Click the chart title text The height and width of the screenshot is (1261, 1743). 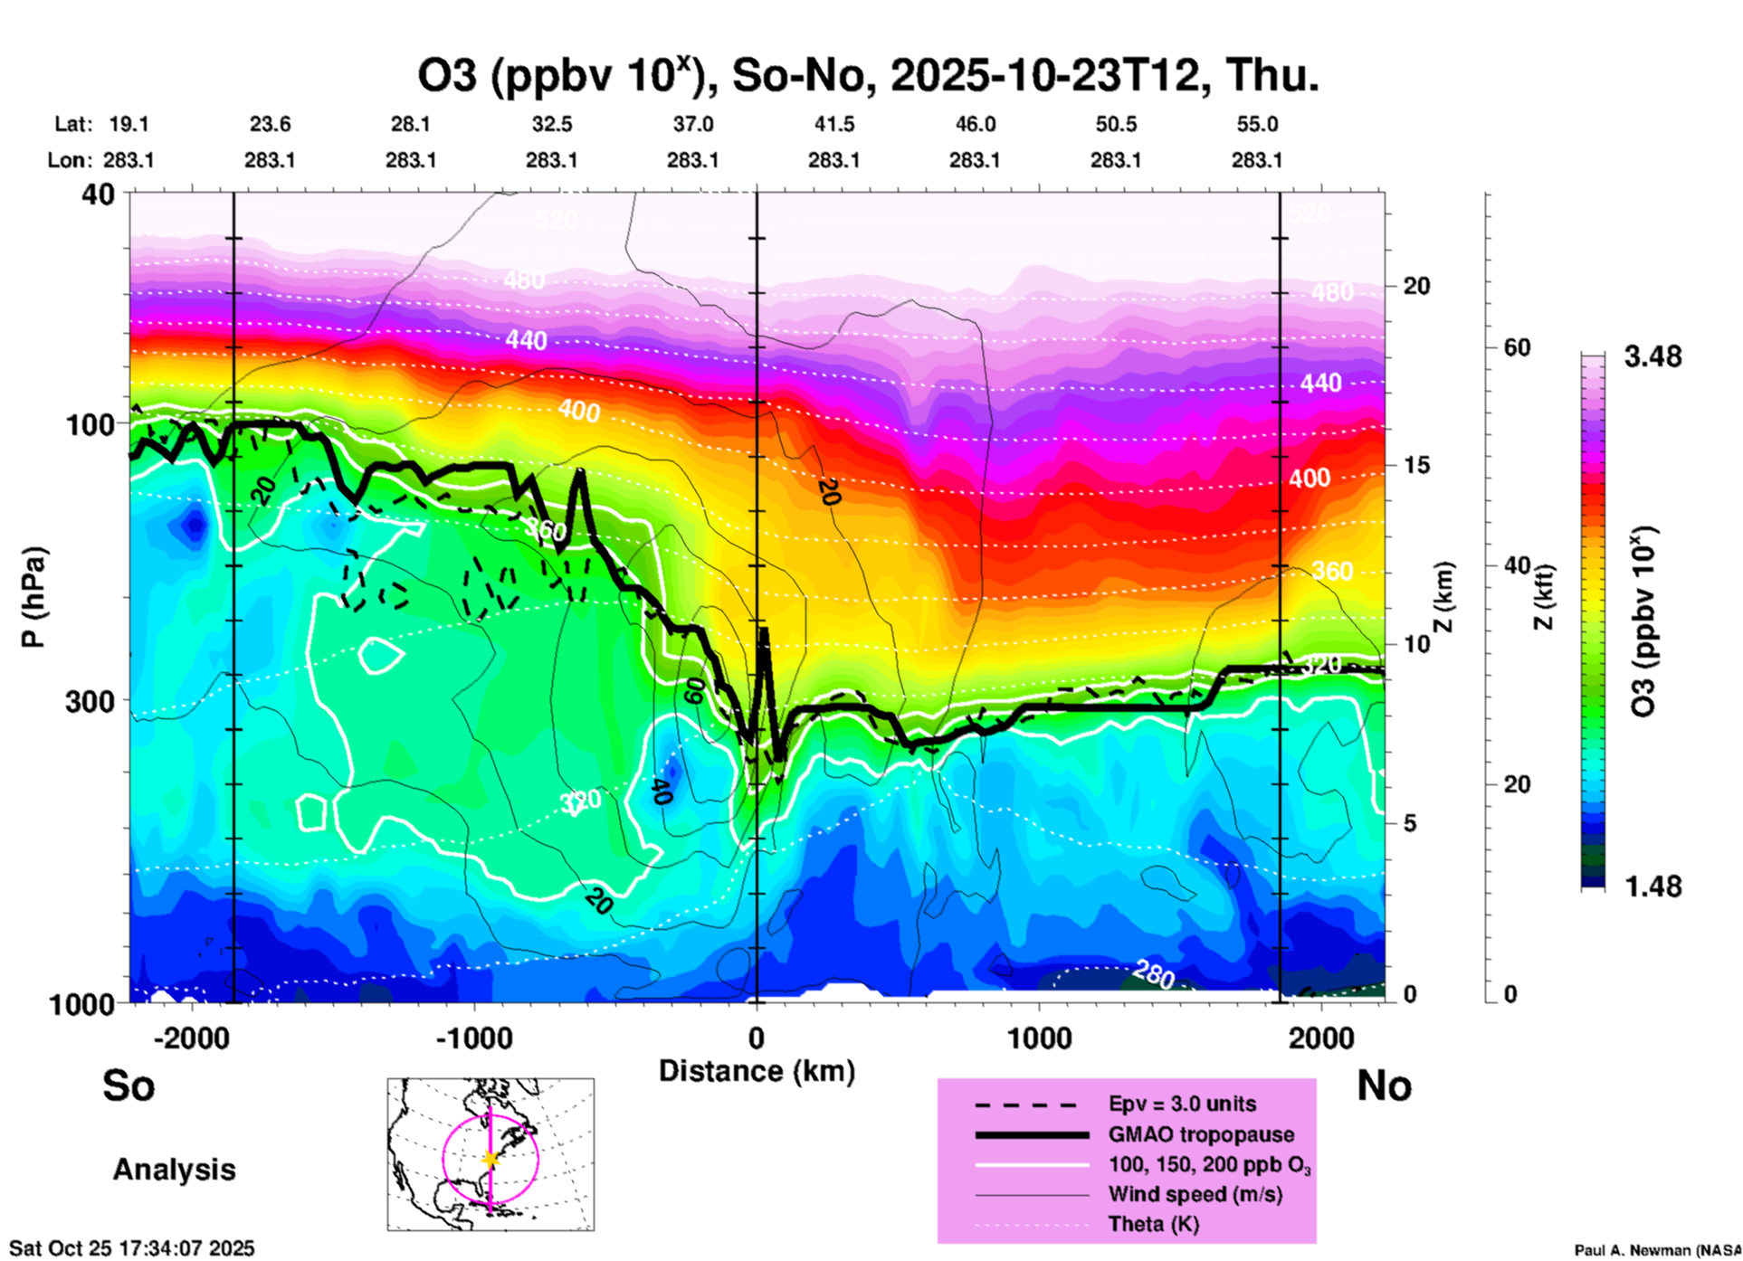[867, 76]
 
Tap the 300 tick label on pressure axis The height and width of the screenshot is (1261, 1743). [90, 701]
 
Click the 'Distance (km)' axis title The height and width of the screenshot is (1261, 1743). [757, 1071]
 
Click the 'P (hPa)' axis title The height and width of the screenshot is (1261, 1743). [33, 597]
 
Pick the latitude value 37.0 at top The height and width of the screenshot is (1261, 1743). [692, 124]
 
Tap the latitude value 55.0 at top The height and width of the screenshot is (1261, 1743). [1257, 124]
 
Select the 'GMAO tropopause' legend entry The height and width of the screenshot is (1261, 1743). [1201, 1134]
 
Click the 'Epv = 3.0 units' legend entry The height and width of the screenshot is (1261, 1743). [1182, 1104]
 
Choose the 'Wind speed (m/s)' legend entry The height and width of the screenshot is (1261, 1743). [1195, 1195]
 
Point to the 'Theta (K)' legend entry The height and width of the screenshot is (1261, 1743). [1153, 1225]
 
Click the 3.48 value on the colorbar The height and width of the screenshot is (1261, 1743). [1653, 357]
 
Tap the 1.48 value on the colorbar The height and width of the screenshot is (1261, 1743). [1653, 886]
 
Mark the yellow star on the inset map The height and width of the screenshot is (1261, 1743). [491, 1159]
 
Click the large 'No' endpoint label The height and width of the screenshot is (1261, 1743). [1384, 1086]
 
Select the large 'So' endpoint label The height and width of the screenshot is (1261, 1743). [129, 1086]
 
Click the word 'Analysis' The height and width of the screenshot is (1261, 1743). [174, 1170]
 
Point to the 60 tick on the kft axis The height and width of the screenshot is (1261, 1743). [1517, 347]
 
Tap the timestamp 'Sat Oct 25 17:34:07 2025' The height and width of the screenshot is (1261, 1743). [132, 1248]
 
